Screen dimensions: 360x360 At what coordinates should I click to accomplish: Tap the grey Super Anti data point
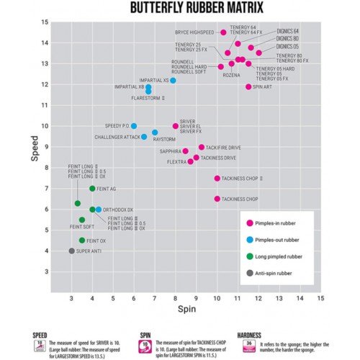71,251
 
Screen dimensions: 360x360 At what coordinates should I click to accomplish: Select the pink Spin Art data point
248,86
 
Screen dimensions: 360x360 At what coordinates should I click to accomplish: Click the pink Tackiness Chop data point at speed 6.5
217,199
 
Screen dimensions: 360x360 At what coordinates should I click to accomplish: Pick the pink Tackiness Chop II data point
217,178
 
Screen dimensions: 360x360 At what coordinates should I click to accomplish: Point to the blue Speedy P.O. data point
134,126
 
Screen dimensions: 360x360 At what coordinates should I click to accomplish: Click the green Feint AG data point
92,189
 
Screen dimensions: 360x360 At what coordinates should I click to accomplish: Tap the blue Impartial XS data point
173,81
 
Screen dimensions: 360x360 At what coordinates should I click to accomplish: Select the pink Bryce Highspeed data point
223,32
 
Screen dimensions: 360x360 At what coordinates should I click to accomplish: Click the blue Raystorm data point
155,132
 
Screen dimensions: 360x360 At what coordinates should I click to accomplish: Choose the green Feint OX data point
82,240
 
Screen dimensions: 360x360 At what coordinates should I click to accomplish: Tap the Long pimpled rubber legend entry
279,256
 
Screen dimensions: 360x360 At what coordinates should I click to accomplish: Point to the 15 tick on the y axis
45,22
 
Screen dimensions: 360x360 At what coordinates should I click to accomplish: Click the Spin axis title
185,310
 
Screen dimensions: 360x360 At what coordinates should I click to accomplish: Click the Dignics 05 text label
287,46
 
